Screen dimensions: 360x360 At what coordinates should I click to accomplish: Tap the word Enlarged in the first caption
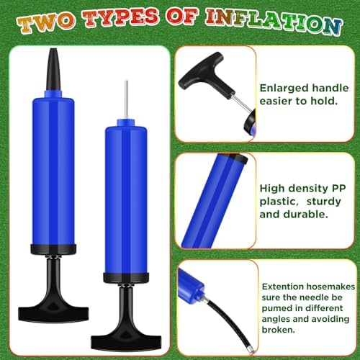click(x=282, y=85)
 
